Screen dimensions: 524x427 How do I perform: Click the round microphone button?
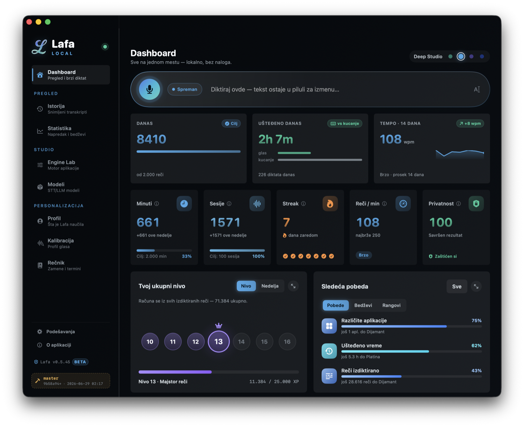[x=149, y=89]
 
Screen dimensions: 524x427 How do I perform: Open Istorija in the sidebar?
[x=62, y=109]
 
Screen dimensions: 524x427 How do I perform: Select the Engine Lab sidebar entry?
[x=62, y=165]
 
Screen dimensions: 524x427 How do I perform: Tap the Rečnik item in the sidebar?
[x=62, y=265]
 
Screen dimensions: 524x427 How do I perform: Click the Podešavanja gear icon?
[x=39, y=332]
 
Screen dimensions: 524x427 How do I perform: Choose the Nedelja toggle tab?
[x=270, y=286]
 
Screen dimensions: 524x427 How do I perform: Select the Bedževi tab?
[x=363, y=305]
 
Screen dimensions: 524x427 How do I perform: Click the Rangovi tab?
[x=391, y=305]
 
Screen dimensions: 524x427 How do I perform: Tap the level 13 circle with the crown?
[x=218, y=341]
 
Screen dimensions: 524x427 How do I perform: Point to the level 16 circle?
[x=287, y=342]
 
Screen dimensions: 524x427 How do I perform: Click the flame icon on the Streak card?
[x=330, y=203]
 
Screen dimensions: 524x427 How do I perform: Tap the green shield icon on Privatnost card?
[x=476, y=203]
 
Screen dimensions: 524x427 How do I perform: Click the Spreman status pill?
[x=185, y=89]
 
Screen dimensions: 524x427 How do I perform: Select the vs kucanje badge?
[x=345, y=124]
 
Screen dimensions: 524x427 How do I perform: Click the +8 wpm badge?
[x=470, y=124]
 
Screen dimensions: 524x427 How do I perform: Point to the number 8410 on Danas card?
[x=151, y=139]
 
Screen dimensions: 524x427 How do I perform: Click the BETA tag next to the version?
[x=80, y=362]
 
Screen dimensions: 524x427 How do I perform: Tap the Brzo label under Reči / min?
[x=364, y=255]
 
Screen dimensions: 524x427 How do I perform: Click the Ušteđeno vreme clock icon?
[x=329, y=351]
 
